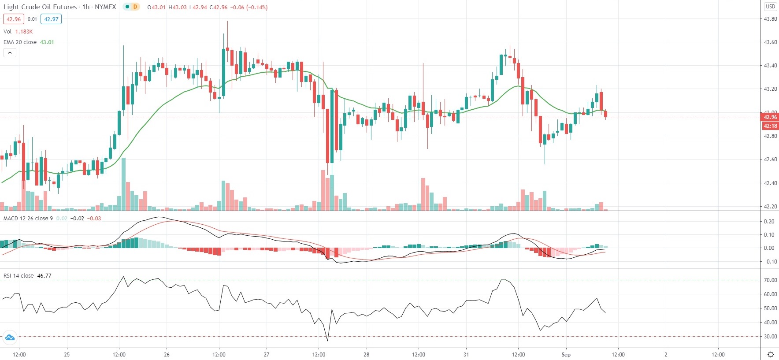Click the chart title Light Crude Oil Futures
click(40, 7)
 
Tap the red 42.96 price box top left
click(14, 19)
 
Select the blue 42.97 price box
click(51, 19)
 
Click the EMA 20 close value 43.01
click(47, 42)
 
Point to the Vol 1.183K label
click(18, 32)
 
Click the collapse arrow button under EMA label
click(10, 53)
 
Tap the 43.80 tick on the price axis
click(770, 19)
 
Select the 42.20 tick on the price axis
click(770, 207)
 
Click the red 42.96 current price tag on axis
click(770, 117)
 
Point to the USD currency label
click(770, 7)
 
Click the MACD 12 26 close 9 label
click(28, 219)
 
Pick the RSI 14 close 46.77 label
click(27, 276)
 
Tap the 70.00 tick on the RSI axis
click(770, 280)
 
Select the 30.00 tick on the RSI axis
click(770, 337)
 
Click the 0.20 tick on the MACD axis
click(769, 222)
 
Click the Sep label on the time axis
click(566, 355)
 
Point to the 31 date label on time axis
click(466, 355)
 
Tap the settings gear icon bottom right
click(771, 355)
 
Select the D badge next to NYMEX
click(135, 7)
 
